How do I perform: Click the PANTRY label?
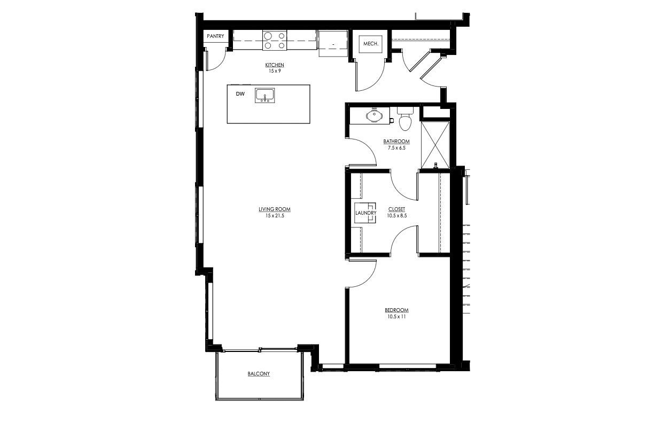coord(215,36)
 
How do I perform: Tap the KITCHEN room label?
coord(275,65)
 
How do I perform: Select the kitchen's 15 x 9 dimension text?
coord(275,71)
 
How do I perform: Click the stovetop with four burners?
coord(275,41)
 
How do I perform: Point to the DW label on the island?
coord(240,94)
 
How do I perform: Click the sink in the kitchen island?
coord(265,96)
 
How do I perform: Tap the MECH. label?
coord(371,44)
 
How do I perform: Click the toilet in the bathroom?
coord(405,119)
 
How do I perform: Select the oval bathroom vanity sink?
coord(373,115)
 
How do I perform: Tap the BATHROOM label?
coord(396,142)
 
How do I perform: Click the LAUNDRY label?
coord(366,213)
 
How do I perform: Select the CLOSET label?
coord(396,209)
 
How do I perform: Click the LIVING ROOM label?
coord(275,209)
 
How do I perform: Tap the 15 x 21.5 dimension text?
coord(275,216)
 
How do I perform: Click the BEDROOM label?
coord(396,310)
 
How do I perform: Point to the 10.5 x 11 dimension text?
coord(396,317)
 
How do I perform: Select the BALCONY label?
coord(259,374)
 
